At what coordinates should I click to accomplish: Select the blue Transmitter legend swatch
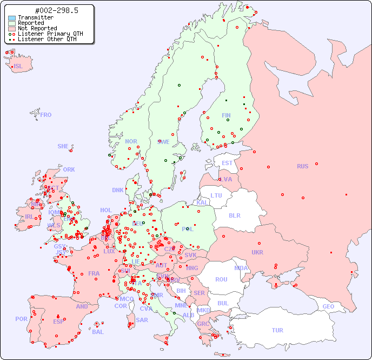(x=12, y=17)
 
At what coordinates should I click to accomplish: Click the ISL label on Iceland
(x=18, y=67)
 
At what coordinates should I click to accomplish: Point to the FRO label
(x=46, y=115)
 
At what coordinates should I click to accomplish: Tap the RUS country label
(x=302, y=166)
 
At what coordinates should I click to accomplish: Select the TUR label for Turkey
(x=277, y=330)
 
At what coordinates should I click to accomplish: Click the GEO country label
(x=328, y=306)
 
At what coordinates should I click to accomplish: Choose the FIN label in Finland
(x=226, y=115)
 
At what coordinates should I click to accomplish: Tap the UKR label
(x=257, y=252)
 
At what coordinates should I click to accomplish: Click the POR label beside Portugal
(x=21, y=319)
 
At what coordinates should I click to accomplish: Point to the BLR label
(x=234, y=215)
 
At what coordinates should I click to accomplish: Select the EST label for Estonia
(x=227, y=163)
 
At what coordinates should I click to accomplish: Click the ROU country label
(x=221, y=279)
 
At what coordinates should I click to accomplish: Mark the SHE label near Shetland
(x=63, y=146)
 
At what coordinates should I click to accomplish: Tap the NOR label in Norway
(x=131, y=141)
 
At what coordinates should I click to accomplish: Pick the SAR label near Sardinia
(x=142, y=320)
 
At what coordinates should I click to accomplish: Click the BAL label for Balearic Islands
(x=98, y=332)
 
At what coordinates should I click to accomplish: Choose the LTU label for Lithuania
(x=216, y=195)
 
